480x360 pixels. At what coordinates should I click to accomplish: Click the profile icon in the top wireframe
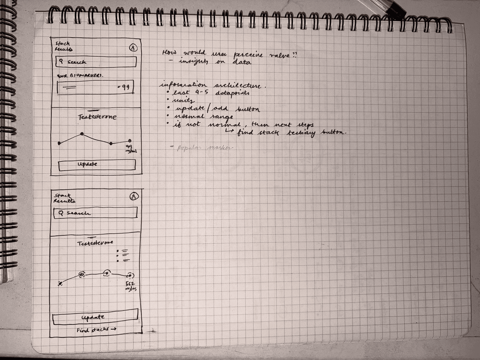tap(133, 48)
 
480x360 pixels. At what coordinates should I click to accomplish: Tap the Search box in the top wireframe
tap(96, 62)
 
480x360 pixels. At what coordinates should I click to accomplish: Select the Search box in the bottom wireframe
tap(95, 213)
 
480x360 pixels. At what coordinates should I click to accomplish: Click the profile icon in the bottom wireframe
tap(134, 196)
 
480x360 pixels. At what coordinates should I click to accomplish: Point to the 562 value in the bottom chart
tap(130, 284)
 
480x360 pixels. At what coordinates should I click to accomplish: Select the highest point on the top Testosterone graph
tap(82, 134)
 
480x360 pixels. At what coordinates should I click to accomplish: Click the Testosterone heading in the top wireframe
tap(98, 117)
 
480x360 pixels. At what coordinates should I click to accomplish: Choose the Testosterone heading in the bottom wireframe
tap(95, 243)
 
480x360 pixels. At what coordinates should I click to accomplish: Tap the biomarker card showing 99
tap(95, 87)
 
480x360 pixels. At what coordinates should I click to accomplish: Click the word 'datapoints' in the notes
tap(232, 93)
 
